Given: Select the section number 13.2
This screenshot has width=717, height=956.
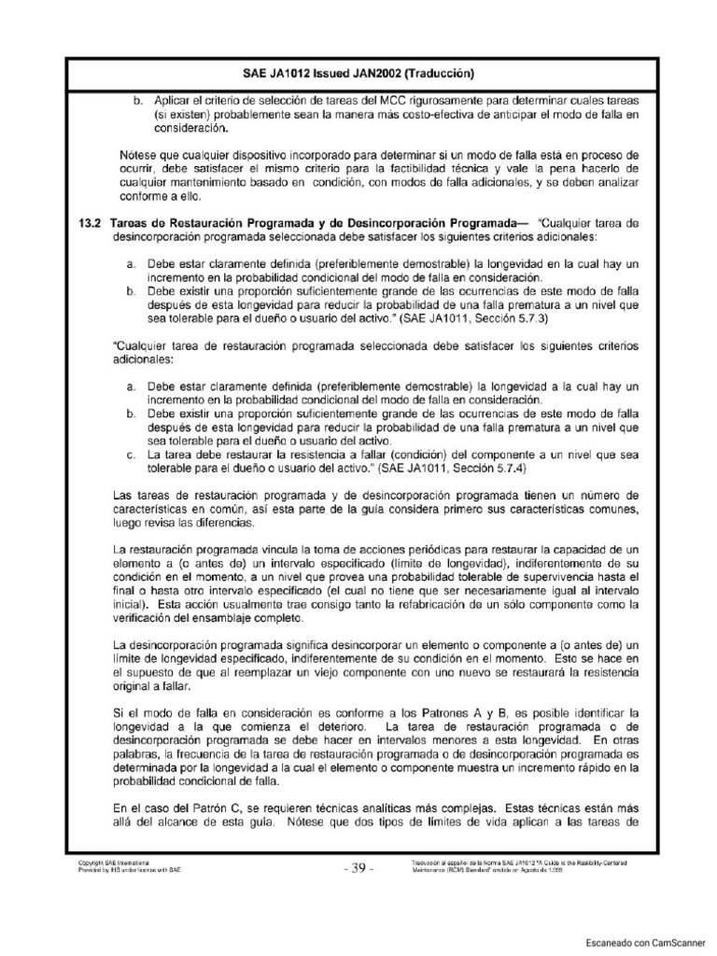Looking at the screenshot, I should click(x=90, y=224).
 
